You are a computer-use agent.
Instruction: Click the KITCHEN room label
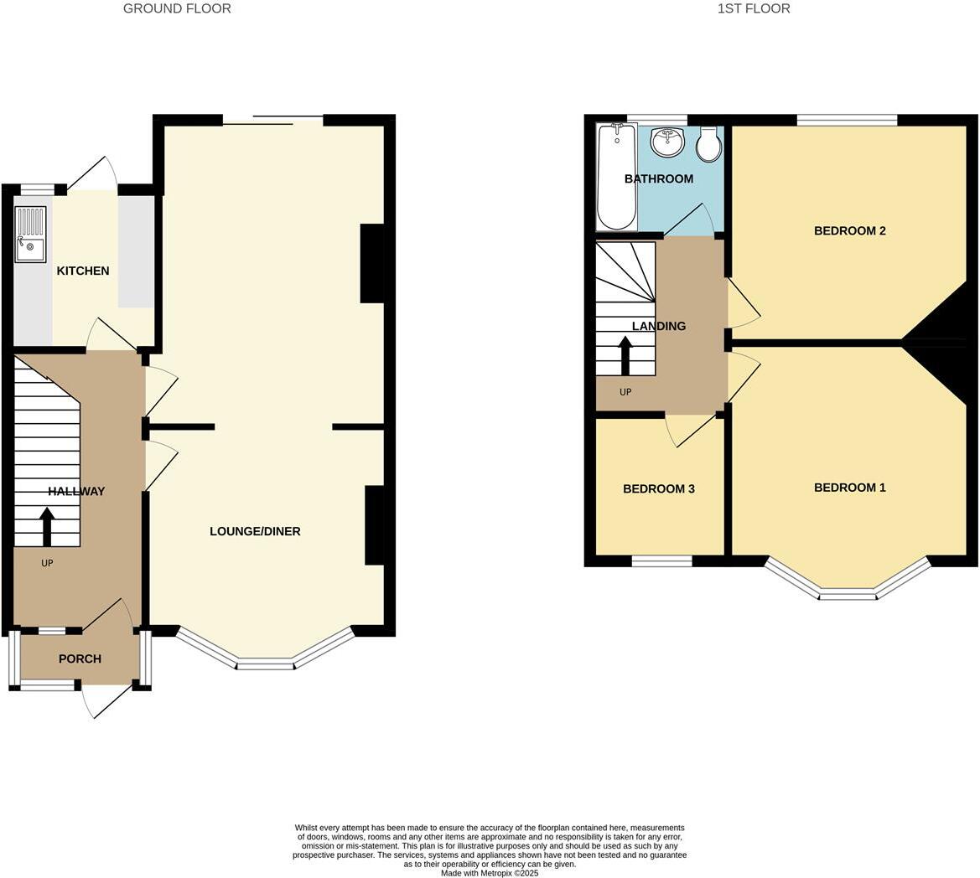(82, 271)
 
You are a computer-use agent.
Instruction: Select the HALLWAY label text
(76, 492)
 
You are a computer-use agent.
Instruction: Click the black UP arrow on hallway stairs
(46, 528)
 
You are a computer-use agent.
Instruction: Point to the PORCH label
(80, 658)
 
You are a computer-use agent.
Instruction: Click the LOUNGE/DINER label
(255, 531)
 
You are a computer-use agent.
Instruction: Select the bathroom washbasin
(667, 142)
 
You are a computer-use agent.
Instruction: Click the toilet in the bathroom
(709, 144)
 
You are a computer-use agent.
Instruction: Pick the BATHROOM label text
(659, 178)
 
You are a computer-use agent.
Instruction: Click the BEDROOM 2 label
(849, 230)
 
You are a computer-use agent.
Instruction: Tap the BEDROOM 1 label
(849, 488)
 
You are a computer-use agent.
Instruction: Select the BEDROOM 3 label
(659, 488)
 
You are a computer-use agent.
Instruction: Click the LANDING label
(659, 326)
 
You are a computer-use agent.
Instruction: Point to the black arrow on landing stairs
(625, 355)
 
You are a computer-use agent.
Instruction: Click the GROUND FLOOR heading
(177, 8)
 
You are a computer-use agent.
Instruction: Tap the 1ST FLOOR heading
(754, 8)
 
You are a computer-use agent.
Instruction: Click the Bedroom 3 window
(661, 560)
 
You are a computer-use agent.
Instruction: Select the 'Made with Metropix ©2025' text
(491, 873)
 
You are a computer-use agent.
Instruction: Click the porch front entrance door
(106, 700)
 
